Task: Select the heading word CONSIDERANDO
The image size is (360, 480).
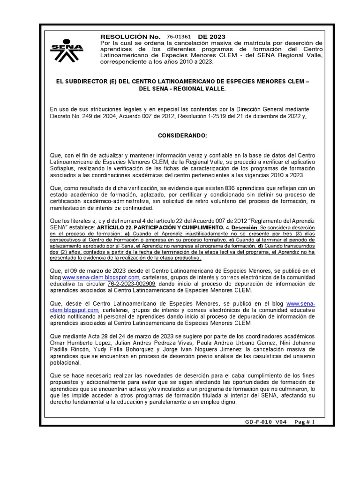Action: click(182, 135)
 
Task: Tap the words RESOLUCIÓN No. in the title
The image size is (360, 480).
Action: click(131, 37)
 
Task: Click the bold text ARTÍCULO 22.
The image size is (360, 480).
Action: click(116, 226)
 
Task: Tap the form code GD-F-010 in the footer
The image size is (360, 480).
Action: click(258, 422)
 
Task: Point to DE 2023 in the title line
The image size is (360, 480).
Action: click(211, 37)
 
